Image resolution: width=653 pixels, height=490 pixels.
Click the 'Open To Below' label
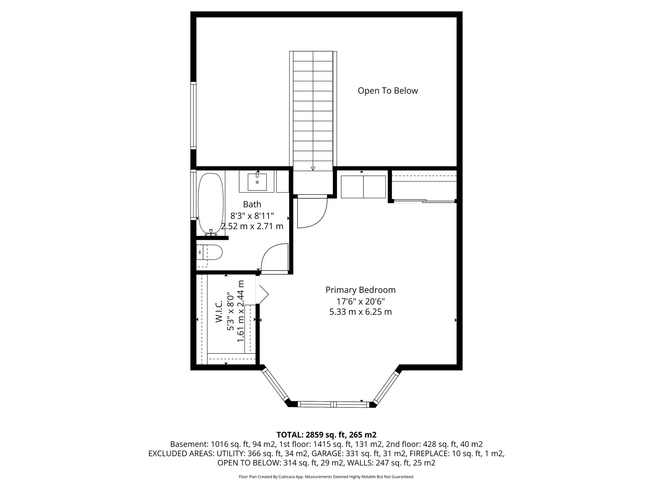[387, 91]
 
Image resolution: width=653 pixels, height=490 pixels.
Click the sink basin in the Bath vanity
[257, 182]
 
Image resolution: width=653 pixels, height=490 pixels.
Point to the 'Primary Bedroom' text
[360, 290]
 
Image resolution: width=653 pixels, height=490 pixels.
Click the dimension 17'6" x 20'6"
[360, 301]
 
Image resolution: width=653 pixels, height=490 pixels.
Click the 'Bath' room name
[252, 204]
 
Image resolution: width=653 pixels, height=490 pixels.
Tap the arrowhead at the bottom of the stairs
[313, 168]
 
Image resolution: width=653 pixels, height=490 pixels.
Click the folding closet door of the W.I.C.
[263, 293]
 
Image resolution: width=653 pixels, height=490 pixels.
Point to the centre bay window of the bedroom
[333, 404]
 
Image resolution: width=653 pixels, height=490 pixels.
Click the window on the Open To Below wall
[193, 115]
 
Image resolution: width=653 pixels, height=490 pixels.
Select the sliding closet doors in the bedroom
[424, 201]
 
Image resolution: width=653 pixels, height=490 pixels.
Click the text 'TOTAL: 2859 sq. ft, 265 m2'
[326, 435]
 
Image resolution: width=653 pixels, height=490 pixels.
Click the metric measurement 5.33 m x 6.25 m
[360, 312]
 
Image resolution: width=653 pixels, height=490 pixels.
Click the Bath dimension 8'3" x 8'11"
[252, 216]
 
